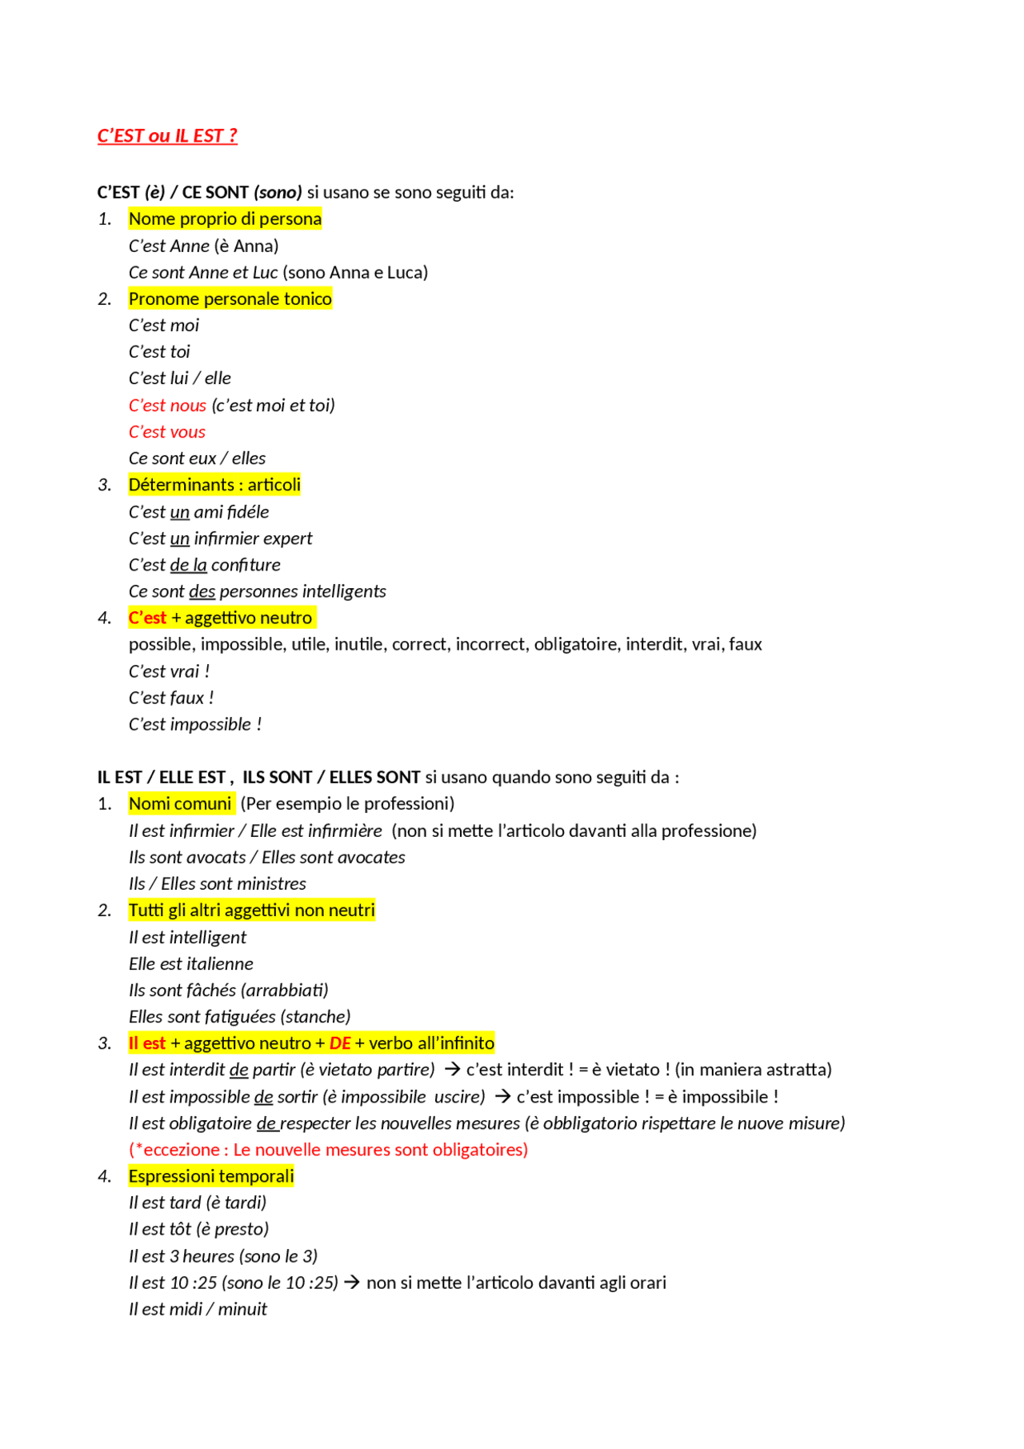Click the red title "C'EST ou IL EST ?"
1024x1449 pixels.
click(x=167, y=136)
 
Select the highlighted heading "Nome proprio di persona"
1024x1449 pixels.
click(x=225, y=218)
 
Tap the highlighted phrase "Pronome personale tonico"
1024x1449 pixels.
click(x=230, y=298)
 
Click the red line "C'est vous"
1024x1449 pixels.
click(x=167, y=432)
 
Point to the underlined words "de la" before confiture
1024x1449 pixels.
click(x=188, y=565)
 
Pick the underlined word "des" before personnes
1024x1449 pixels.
click(x=202, y=591)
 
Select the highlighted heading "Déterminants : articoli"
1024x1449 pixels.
click(x=214, y=485)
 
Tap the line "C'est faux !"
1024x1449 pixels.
click(x=171, y=698)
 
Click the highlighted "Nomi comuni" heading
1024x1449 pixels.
click(x=180, y=803)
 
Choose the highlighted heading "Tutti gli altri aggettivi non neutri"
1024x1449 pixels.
click(x=251, y=910)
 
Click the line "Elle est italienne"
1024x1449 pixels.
click(x=191, y=963)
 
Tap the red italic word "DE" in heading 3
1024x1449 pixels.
click(x=340, y=1043)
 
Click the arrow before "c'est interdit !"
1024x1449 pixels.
click(x=452, y=1069)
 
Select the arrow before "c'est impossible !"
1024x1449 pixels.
click(x=502, y=1096)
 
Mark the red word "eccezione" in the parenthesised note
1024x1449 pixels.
click(x=181, y=1150)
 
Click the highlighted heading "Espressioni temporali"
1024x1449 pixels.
click(x=211, y=1176)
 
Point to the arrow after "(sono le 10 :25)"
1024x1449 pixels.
click(x=352, y=1283)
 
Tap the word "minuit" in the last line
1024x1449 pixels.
click(x=242, y=1309)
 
